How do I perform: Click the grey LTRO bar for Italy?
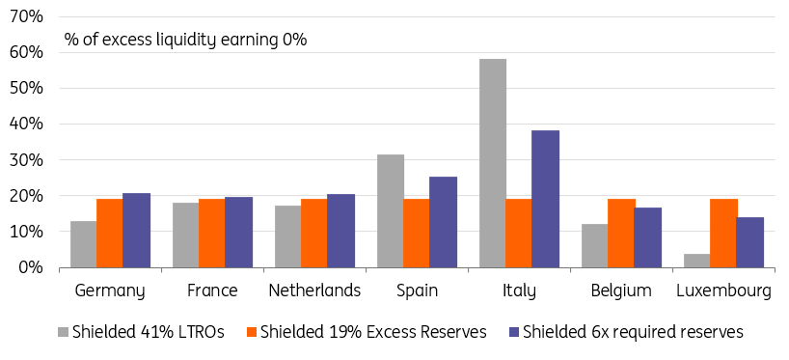(493, 163)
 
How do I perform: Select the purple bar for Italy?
(546, 199)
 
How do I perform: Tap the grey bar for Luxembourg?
(696, 261)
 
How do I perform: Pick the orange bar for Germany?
(110, 234)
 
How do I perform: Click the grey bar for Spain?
(391, 211)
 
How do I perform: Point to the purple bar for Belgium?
(648, 237)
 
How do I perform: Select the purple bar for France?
(238, 232)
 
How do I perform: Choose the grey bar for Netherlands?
(287, 236)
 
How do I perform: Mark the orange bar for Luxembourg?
(723, 234)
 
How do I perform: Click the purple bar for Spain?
(444, 222)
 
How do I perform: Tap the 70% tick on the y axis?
(26, 16)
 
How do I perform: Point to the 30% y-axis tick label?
(26, 160)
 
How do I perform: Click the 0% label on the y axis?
(31, 267)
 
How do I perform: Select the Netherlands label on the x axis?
(314, 291)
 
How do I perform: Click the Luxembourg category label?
(723, 291)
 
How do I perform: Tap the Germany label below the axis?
(110, 291)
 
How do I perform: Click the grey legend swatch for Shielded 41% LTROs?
(63, 332)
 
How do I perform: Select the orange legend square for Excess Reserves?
(252, 332)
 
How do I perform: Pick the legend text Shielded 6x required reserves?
(633, 332)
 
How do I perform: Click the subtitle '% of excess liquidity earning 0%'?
(185, 40)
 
